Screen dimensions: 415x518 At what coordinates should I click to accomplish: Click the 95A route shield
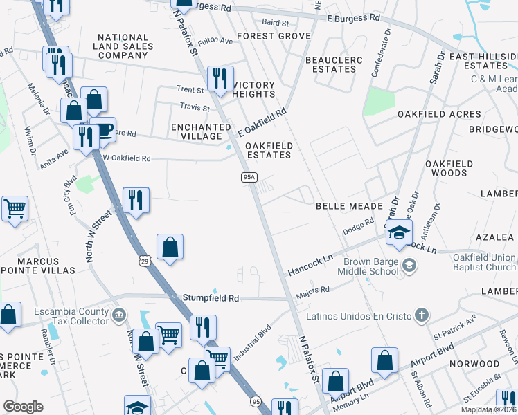coord(249,178)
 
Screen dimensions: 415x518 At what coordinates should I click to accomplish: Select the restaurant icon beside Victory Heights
coord(220,78)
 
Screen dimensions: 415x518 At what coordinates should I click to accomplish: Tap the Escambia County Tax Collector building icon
coord(119,316)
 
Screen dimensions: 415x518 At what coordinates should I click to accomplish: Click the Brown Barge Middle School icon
coord(409,266)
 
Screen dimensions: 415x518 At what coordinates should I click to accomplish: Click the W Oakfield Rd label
coord(127,158)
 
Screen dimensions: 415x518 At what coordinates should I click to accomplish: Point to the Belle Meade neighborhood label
coord(349,206)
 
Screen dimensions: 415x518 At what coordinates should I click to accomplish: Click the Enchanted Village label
coord(201,131)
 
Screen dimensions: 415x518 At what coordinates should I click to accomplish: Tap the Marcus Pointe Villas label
coord(37,266)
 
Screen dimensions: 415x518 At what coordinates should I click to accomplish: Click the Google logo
coord(23,407)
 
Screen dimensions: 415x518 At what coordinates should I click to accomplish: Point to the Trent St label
coord(190,89)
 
